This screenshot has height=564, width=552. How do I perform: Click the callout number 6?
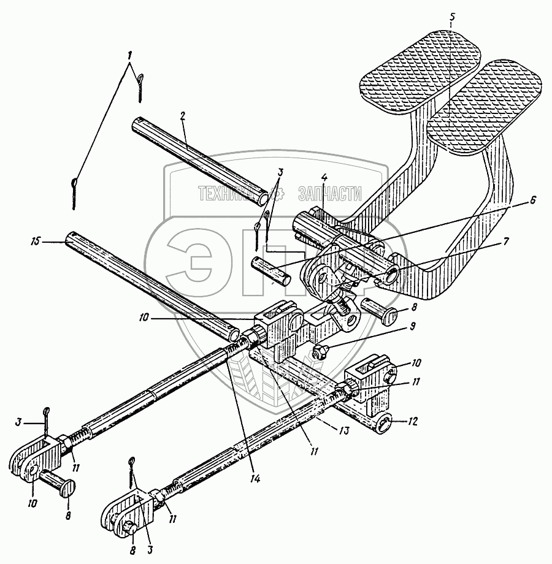click(532, 199)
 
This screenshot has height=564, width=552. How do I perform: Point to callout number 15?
click(37, 242)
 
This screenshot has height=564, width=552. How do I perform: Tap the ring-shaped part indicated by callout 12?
click(382, 423)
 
